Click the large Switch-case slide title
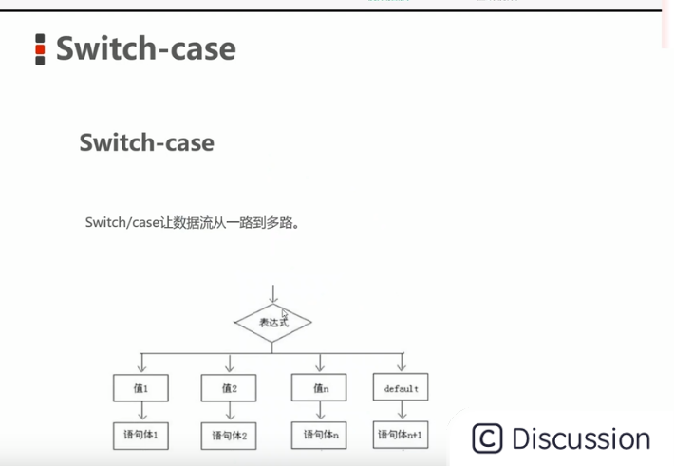145,48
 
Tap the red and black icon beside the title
40,49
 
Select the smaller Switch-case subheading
146,142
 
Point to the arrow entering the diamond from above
272,292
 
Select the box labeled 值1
140,387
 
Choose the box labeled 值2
228,387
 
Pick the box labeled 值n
320,387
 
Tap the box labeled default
401,388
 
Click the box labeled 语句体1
140,435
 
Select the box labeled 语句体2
228,436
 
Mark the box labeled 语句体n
320,435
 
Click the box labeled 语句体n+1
401,435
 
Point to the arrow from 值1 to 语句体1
140,411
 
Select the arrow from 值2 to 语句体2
228,412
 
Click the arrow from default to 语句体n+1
401,411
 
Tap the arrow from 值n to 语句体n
320,411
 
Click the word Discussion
581,438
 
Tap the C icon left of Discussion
486,438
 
